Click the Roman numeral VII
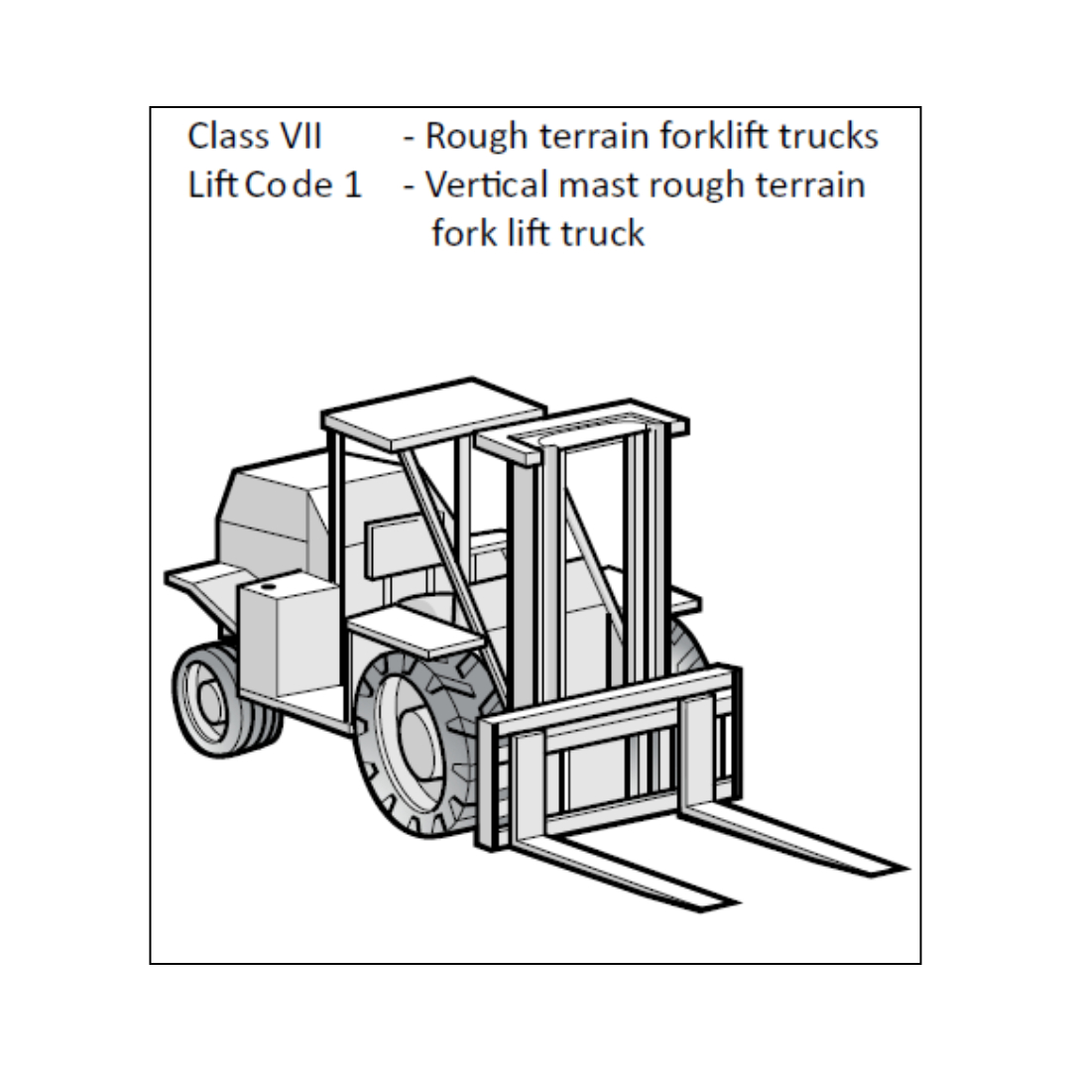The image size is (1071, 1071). (294, 136)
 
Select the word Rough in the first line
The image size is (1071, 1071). (475, 136)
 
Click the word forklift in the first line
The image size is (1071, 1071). (703, 136)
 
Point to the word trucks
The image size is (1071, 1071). (828, 136)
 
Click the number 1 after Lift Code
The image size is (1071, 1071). (354, 184)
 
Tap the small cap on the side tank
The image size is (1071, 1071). (268, 588)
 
